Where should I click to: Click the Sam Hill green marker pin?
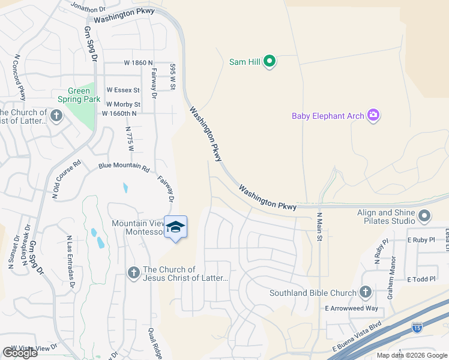point(270,61)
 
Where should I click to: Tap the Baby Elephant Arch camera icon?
point(373,115)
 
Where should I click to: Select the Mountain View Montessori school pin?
point(175,227)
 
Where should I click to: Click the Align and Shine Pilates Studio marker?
point(425,215)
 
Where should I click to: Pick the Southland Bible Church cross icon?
point(364,292)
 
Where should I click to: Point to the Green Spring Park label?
point(79,95)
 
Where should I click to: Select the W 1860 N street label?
point(139,62)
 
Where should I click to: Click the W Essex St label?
point(123,90)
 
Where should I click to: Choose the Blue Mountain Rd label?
point(124,167)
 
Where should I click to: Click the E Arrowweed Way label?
point(351,308)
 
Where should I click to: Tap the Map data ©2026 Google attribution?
point(411,355)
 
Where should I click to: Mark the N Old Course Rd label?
point(66,179)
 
